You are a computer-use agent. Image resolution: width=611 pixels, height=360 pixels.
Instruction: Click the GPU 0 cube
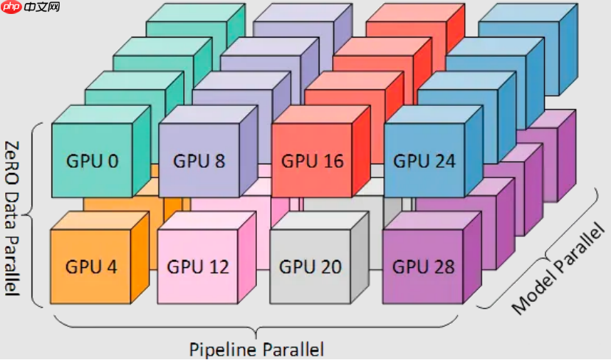click(92, 160)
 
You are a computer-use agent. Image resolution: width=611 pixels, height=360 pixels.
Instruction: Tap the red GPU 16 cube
click(313, 160)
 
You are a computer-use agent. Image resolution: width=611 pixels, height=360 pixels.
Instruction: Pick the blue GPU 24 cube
click(424, 160)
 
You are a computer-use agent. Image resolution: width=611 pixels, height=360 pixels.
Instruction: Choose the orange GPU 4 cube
click(91, 267)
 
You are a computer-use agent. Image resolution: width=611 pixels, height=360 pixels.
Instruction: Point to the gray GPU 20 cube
click(310, 267)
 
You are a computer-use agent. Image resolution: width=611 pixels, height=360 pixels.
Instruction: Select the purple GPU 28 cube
click(423, 267)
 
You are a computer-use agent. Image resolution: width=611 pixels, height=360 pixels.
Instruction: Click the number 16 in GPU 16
click(333, 160)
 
